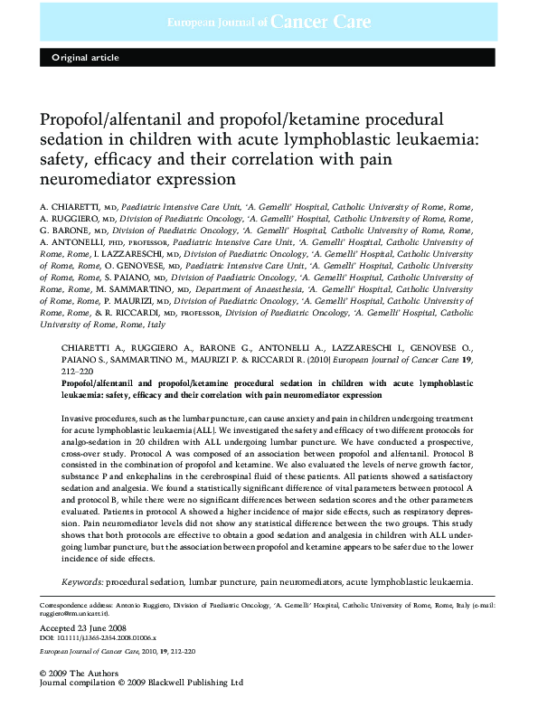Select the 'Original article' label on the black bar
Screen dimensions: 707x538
point(85,58)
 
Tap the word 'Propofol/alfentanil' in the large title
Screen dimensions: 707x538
point(120,119)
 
